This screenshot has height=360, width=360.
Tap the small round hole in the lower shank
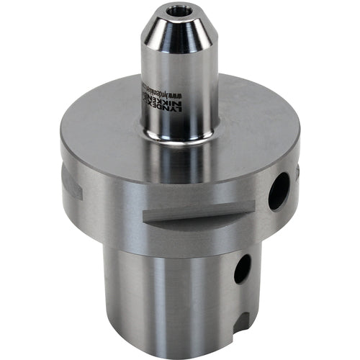tap(243, 268)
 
